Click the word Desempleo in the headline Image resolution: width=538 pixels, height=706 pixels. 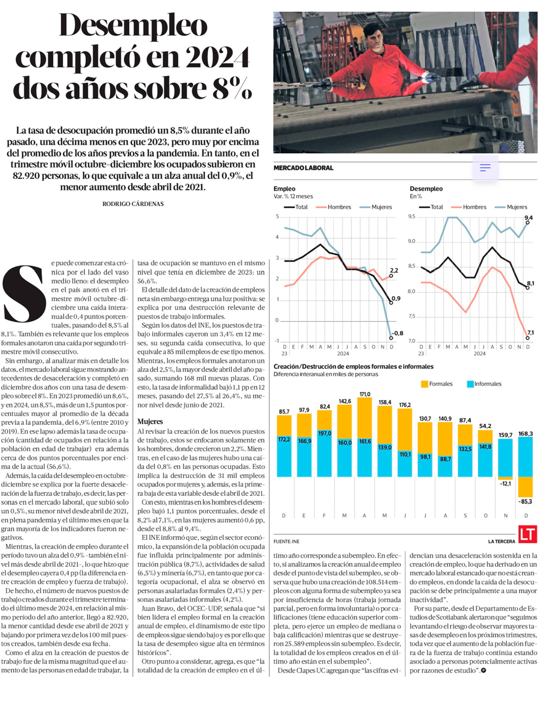pyautogui.click(x=133, y=25)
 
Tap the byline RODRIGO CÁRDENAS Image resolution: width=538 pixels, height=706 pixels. pyautogui.click(x=133, y=204)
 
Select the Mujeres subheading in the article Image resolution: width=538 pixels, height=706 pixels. pyautogui.click(x=150, y=422)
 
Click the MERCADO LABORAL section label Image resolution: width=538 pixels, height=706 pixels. pyautogui.click(x=303, y=168)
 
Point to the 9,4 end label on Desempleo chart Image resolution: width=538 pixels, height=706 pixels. pyautogui.click(x=528, y=218)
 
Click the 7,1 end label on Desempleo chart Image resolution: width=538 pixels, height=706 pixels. pyautogui.click(x=530, y=333)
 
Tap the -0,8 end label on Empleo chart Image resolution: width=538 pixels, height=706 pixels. pyautogui.click(x=397, y=333)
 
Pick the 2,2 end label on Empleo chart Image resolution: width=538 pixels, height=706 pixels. pyautogui.click(x=394, y=270)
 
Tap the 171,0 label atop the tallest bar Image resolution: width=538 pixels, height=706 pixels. pyautogui.click(x=365, y=394)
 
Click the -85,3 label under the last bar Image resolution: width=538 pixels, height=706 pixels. pyautogui.click(x=525, y=502)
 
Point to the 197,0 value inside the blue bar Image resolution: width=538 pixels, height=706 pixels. pyautogui.click(x=324, y=433)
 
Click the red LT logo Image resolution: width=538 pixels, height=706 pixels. pyautogui.click(x=527, y=534)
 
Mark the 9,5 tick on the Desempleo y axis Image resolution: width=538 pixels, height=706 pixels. pyautogui.click(x=412, y=217)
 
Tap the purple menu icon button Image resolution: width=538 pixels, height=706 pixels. pyautogui.click(x=485, y=168)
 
